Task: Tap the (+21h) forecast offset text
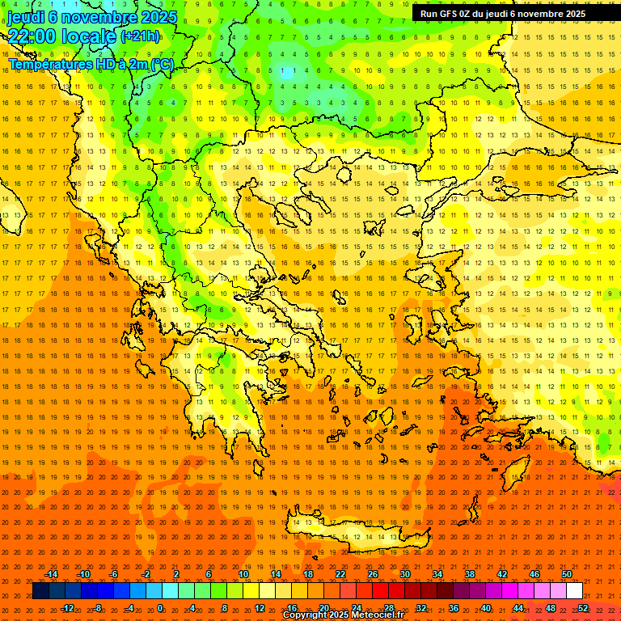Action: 145,36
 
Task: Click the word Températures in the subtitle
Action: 49,64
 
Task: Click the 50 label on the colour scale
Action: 567,574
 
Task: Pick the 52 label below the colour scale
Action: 583,608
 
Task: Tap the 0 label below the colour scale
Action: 160,608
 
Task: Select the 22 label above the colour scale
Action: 340,574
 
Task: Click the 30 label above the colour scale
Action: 405,574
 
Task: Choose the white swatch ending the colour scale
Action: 574,591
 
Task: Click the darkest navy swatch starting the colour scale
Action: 40,591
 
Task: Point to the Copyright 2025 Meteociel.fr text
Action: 343,615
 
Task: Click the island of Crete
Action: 348,534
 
